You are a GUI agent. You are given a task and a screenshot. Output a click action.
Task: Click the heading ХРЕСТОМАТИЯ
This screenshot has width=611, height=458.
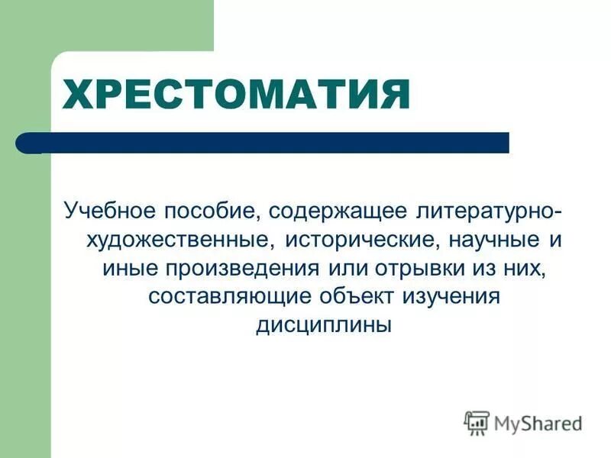point(235,95)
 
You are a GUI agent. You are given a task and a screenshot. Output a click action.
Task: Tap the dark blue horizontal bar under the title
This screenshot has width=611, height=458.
point(275,143)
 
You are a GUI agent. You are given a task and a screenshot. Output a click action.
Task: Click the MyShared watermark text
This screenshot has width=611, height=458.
point(538,421)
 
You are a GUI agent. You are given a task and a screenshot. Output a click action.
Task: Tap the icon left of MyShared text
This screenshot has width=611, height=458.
point(477,421)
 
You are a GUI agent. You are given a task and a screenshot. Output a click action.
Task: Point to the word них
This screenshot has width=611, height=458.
point(528,269)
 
